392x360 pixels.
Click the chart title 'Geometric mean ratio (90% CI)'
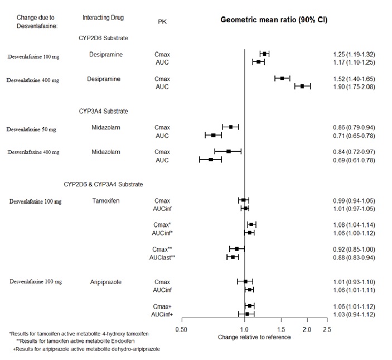[x=274, y=20]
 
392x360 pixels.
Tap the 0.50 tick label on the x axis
[x=181, y=329]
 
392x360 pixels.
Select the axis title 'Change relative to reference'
[x=254, y=337]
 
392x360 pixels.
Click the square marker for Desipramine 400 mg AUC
[x=302, y=87]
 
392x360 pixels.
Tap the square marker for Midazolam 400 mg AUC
[x=211, y=160]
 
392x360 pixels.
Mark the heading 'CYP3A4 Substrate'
[x=104, y=111]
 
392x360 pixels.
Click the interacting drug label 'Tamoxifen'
[x=106, y=200]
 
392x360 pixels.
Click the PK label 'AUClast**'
[x=162, y=257]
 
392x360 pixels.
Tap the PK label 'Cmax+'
[x=162, y=306]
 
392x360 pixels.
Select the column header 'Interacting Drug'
[x=103, y=18]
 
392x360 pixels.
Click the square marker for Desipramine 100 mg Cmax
[x=264, y=54]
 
